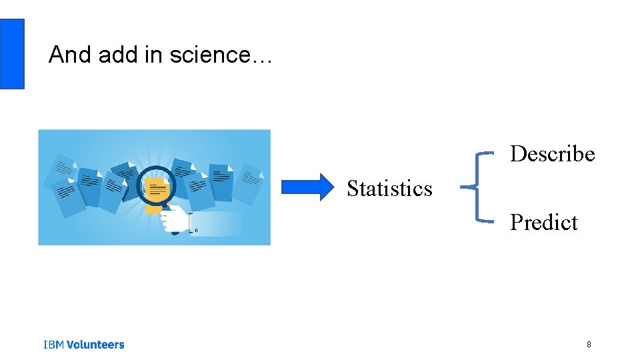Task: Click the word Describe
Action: pyautogui.click(x=552, y=154)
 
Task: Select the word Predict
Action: pyautogui.click(x=543, y=222)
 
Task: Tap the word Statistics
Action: pyautogui.click(x=389, y=189)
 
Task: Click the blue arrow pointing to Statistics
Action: pyautogui.click(x=307, y=187)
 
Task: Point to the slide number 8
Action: pyautogui.click(x=589, y=345)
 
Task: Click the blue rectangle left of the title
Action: pyautogui.click(x=12, y=54)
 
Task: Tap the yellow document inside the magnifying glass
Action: pyautogui.click(x=157, y=190)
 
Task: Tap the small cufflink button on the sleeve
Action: pyautogui.click(x=195, y=230)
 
